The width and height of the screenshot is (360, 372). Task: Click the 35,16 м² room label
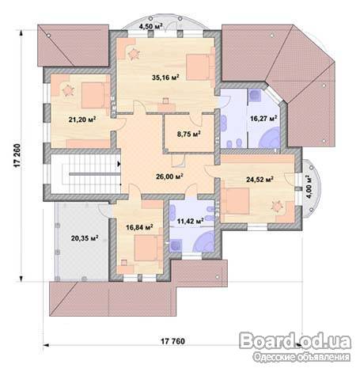(x=165, y=78)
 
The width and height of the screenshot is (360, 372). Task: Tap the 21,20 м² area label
(x=82, y=120)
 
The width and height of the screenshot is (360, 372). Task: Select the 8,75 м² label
(x=189, y=134)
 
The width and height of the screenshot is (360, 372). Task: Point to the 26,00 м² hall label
(x=169, y=177)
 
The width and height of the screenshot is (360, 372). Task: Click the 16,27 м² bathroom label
(x=263, y=118)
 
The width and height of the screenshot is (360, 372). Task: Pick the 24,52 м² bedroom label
(x=260, y=180)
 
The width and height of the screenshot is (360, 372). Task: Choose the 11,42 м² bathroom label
(x=191, y=221)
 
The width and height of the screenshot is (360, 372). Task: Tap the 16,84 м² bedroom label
(x=140, y=227)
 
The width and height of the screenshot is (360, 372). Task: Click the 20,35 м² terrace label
(x=85, y=238)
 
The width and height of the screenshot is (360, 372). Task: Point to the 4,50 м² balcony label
(x=150, y=27)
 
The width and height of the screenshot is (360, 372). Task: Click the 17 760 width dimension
(x=173, y=341)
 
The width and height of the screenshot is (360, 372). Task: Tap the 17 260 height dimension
(x=17, y=156)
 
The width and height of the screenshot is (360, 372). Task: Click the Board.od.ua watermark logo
(x=295, y=340)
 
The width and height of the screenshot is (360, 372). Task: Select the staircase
(x=85, y=174)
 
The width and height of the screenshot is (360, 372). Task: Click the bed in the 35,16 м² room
(x=200, y=67)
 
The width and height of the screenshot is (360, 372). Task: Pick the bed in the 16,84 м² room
(x=148, y=248)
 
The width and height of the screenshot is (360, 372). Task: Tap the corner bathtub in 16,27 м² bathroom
(x=270, y=137)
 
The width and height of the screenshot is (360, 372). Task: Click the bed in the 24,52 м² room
(x=235, y=201)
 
